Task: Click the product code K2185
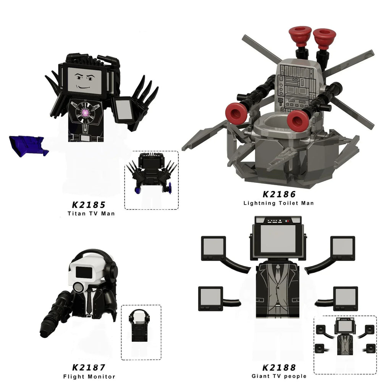tap(88, 205)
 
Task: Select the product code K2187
tap(89, 368)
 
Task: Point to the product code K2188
tap(279, 368)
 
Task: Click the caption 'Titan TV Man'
tap(88, 213)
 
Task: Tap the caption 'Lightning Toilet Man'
tap(279, 203)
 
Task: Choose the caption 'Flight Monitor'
tap(89, 376)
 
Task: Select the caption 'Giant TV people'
tap(279, 376)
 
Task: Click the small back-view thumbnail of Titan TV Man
tap(152, 180)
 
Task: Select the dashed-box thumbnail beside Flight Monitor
tap(141, 332)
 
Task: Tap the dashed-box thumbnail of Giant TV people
tap(345, 344)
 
